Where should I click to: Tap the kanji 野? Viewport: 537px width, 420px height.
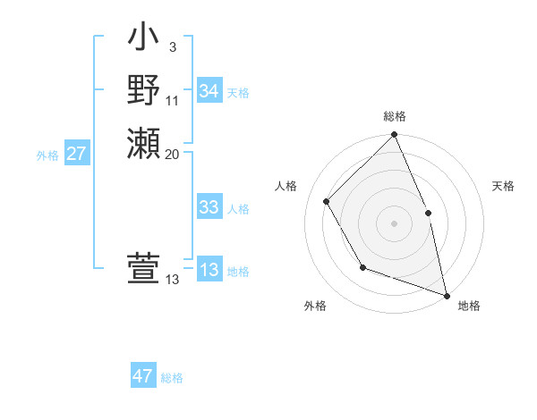coord(143,91)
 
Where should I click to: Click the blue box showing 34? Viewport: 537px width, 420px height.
coord(209,91)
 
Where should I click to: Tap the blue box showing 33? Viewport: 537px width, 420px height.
coord(209,207)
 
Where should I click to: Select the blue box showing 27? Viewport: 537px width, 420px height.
coord(77,154)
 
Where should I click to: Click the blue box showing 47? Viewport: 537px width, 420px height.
coord(143,376)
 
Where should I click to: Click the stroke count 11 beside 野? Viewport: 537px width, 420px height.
coord(173,100)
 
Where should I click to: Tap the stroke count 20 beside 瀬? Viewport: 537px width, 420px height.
coord(173,154)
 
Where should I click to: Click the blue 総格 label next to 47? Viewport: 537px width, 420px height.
coord(172,378)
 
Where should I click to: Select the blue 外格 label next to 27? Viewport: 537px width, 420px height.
coord(47,155)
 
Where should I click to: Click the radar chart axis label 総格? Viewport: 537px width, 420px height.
coord(395,116)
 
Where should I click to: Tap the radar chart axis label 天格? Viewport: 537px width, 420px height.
coord(504,186)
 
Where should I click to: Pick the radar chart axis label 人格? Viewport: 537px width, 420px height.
coord(286,186)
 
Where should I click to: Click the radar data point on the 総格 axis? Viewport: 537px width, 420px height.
coord(394,135)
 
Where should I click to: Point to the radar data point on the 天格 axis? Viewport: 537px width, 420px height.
coord(428,213)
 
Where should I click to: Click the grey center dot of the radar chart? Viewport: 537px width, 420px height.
coord(394,223)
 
